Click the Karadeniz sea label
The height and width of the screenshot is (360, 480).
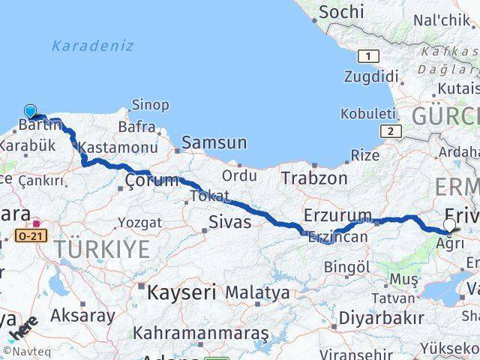(92, 46)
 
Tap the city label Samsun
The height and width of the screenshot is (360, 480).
(214, 142)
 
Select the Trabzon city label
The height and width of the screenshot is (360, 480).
(314, 178)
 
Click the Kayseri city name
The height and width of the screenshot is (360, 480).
(181, 292)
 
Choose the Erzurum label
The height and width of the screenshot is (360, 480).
(337, 216)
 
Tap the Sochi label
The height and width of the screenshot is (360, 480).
(341, 12)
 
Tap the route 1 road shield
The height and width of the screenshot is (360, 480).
(368, 55)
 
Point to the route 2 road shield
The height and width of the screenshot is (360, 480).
(390, 131)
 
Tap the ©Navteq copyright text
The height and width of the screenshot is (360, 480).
(22, 350)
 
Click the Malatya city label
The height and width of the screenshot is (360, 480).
(257, 291)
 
